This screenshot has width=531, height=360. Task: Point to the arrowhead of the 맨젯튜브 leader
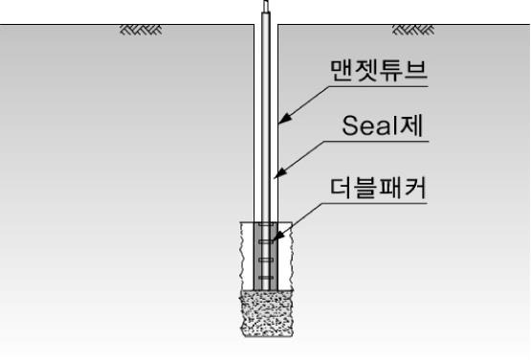click(281, 123)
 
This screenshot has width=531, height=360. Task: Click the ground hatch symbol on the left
click(140, 31)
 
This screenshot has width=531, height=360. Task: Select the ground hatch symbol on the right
click(411, 31)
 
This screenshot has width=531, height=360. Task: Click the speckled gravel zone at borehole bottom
click(265, 312)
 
